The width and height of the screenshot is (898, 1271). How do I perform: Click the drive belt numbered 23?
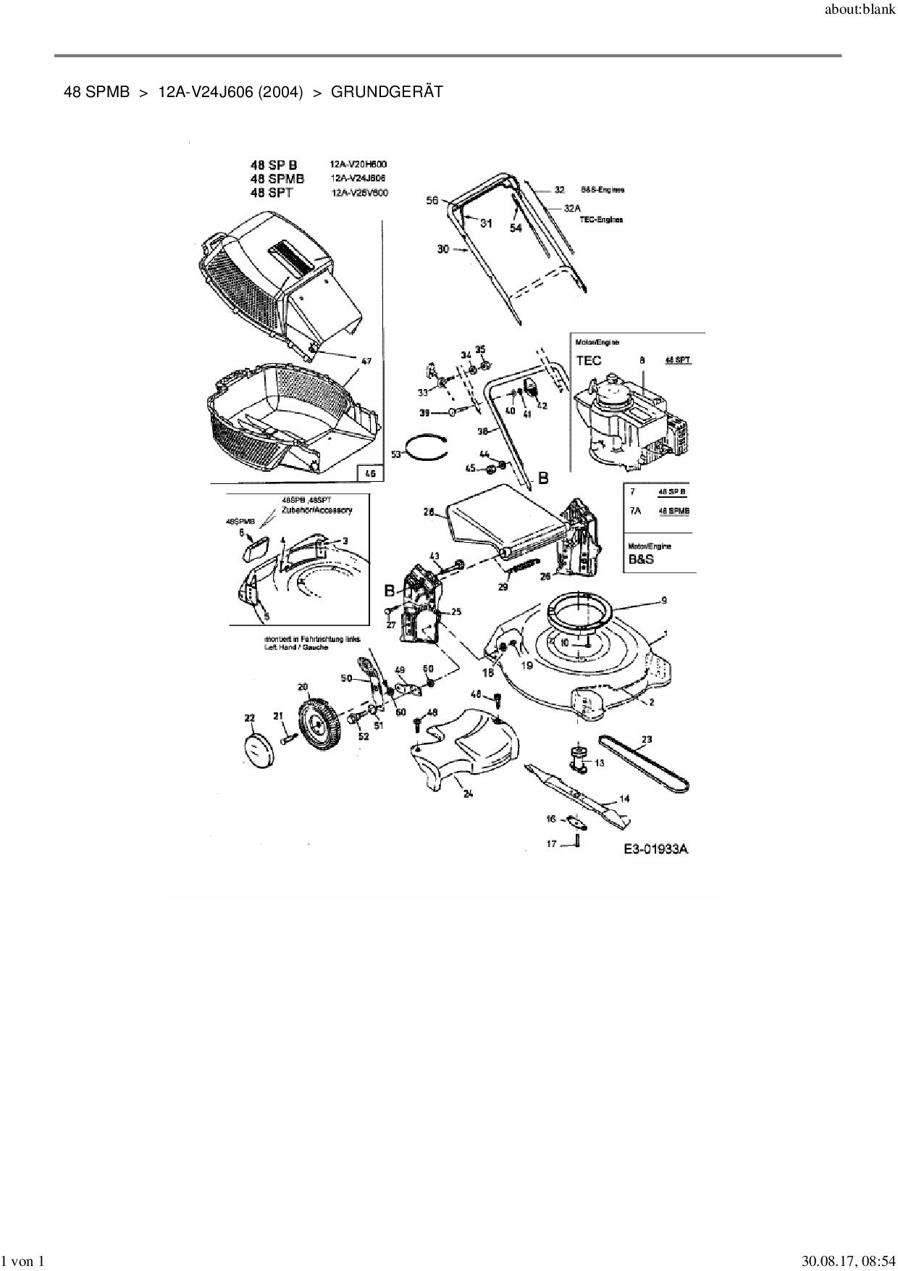pos(644,764)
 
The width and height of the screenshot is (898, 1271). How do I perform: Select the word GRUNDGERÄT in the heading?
pos(386,92)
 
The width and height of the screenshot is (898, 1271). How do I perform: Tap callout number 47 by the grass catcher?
pos(367,360)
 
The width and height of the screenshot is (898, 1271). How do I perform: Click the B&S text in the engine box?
pos(641,560)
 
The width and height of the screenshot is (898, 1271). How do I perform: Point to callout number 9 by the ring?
pos(663,600)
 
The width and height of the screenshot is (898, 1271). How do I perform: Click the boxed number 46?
pos(370,473)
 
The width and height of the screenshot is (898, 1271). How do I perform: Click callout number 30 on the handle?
pos(443,249)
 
